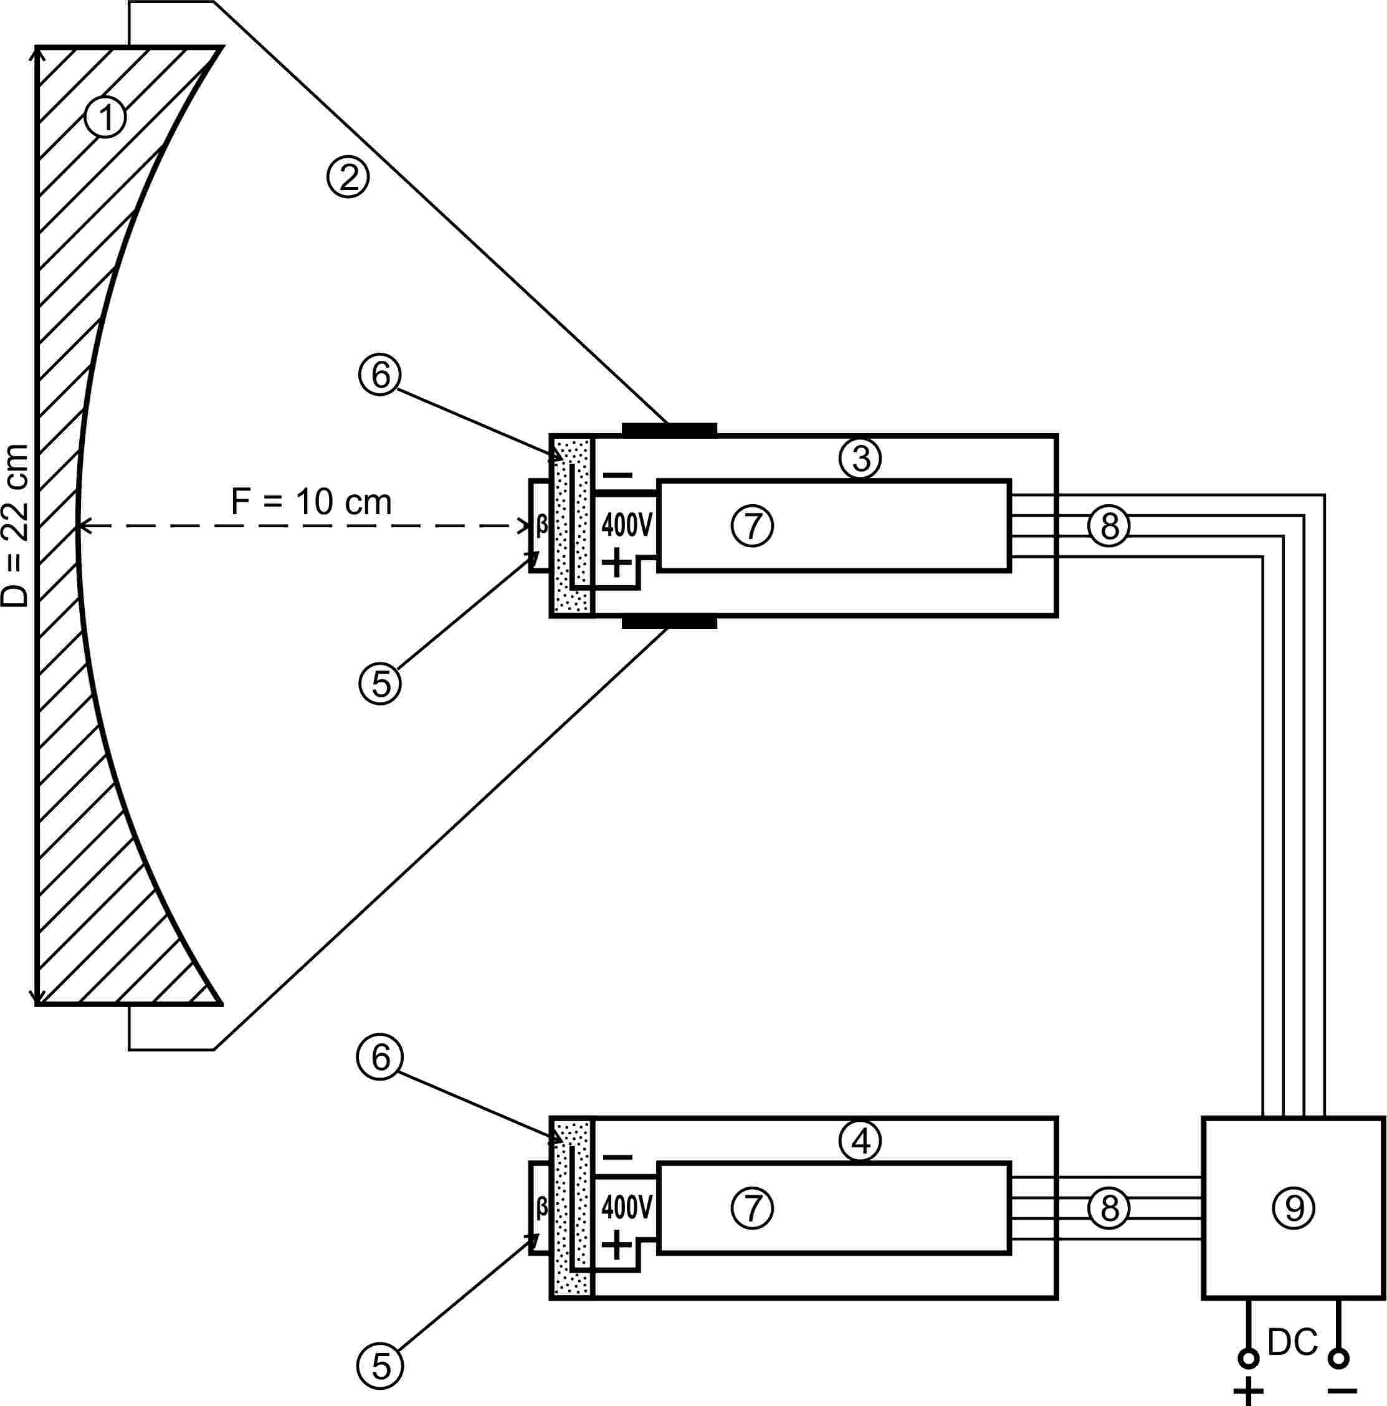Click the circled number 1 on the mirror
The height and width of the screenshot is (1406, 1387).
(x=105, y=117)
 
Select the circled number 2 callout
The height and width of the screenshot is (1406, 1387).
(x=348, y=177)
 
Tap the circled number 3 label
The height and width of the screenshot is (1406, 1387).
(x=860, y=459)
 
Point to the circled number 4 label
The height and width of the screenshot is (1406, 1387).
(x=860, y=1141)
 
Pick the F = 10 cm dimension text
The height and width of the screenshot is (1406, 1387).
(x=312, y=502)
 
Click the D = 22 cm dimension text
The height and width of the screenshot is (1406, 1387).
(x=16, y=525)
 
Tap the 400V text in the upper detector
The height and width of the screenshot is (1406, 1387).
(x=627, y=525)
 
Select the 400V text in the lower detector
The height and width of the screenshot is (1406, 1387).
(x=627, y=1207)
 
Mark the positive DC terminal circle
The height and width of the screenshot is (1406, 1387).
(x=1249, y=1358)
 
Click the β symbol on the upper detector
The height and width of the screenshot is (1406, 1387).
(x=542, y=524)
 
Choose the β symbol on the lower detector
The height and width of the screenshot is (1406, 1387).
(x=542, y=1207)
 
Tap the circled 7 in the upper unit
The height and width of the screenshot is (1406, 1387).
(x=751, y=525)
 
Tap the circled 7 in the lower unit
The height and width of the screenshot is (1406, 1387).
(x=751, y=1208)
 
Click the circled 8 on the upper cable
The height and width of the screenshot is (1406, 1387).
(x=1109, y=526)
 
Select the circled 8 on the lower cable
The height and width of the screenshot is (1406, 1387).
(x=1109, y=1208)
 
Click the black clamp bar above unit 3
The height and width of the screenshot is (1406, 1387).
(x=669, y=429)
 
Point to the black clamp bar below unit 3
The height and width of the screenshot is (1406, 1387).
(x=669, y=622)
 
